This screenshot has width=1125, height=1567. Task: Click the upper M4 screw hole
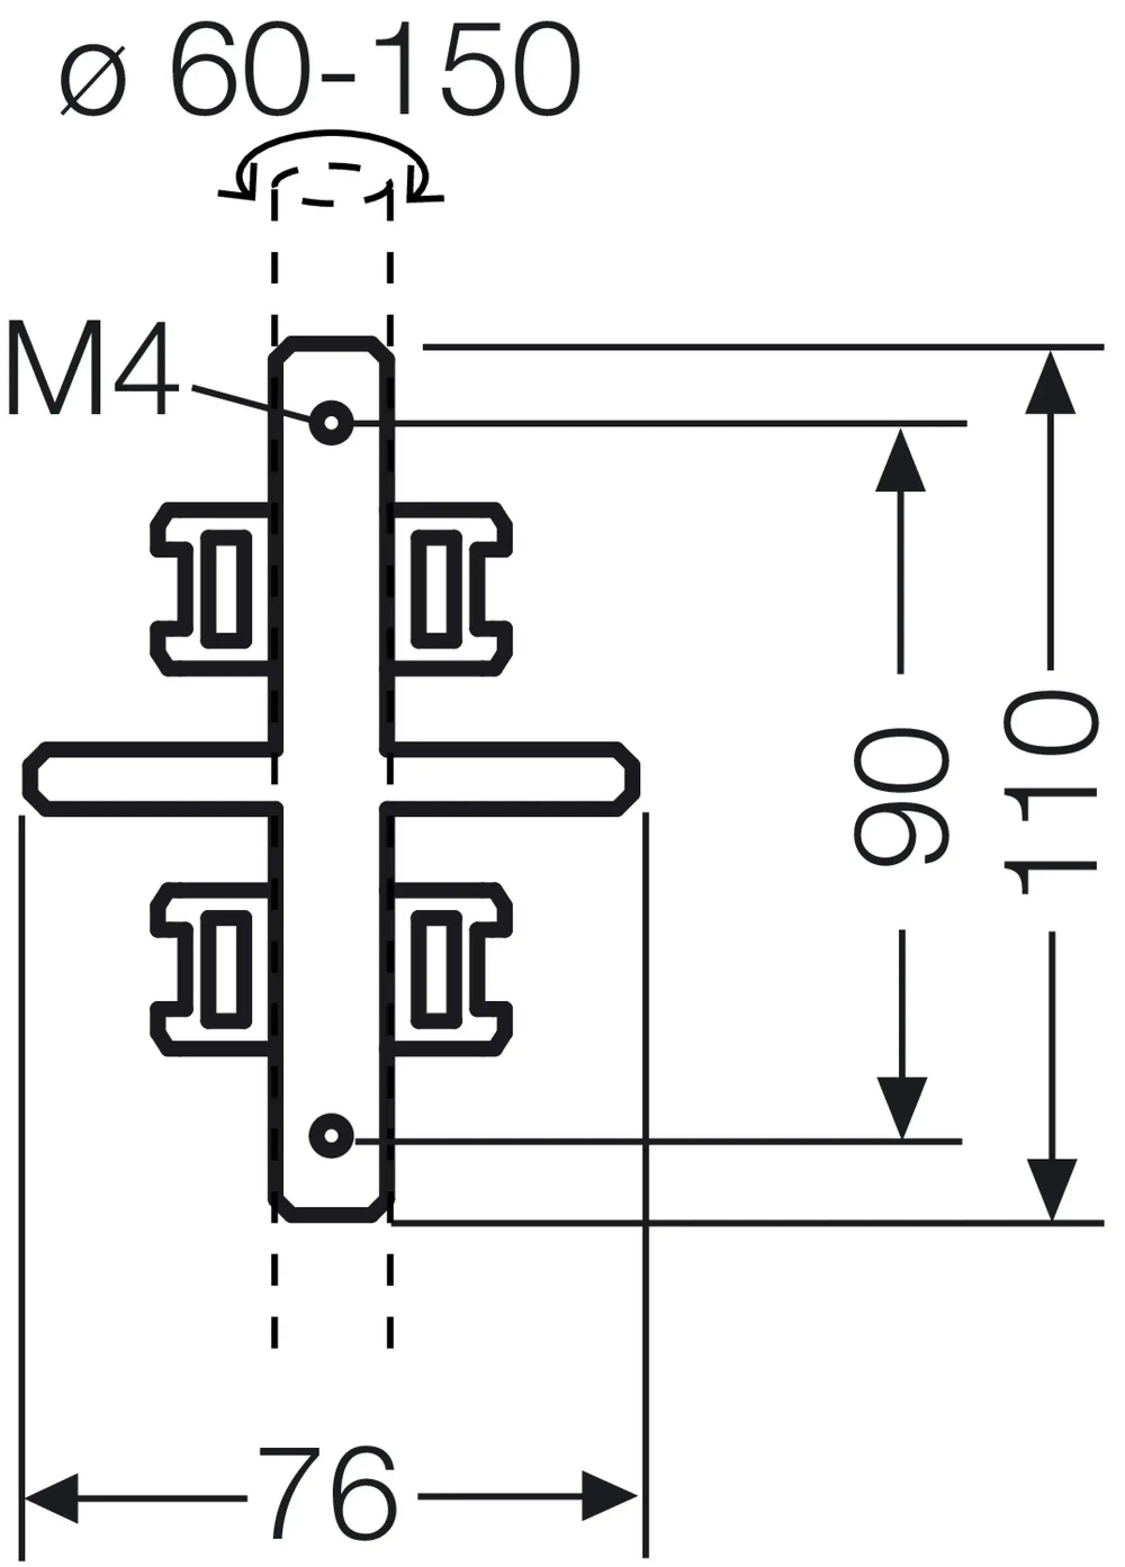[x=332, y=422]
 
